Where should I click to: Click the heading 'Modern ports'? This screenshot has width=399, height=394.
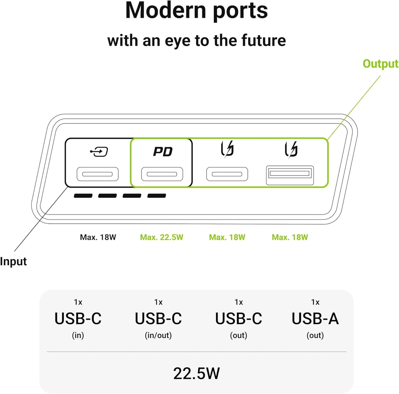click(x=196, y=10)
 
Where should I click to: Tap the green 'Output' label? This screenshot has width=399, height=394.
click(x=381, y=63)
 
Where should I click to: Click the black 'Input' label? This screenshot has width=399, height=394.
click(x=13, y=262)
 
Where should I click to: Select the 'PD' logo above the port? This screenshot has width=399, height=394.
click(x=163, y=152)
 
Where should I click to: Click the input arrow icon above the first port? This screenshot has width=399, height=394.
click(x=99, y=152)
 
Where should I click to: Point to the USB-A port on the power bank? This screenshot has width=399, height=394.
click(x=290, y=175)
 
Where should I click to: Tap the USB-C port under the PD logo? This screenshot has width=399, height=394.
click(x=162, y=174)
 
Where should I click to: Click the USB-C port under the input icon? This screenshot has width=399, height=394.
click(x=97, y=174)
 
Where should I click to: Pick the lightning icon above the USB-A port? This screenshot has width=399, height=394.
click(x=291, y=150)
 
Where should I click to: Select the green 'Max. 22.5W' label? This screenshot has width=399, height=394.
click(x=162, y=237)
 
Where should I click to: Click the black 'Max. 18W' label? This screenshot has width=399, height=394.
click(x=98, y=237)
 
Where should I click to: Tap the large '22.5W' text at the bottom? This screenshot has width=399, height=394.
click(x=196, y=373)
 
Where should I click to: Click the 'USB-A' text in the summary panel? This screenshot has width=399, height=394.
click(x=315, y=319)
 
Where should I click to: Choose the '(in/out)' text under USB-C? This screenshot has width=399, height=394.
click(x=158, y=335)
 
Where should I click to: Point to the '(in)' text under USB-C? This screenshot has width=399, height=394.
click(x=78, y=335)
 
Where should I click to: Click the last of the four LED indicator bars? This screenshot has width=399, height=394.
click(x=157, y=195)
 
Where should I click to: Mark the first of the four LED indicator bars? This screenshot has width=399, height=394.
click(x=83, y=195)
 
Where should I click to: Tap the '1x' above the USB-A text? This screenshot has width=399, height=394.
click(x=315, y=302)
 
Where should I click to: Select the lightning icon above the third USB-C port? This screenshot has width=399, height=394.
click(x=227, y=149)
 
